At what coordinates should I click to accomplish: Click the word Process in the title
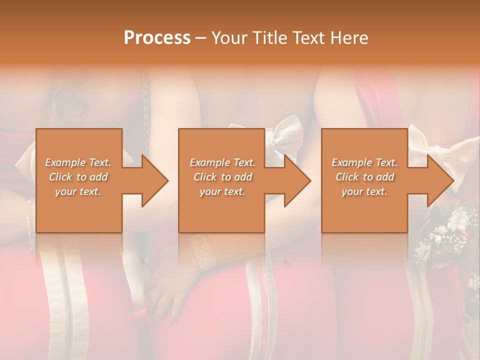point(157,38)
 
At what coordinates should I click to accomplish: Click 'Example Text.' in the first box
point(78,162)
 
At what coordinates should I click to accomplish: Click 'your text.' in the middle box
point(222,191)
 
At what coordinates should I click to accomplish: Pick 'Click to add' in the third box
point(364,177)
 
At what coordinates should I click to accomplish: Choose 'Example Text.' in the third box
point(364,162)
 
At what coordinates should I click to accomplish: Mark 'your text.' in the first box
point(78,191)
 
